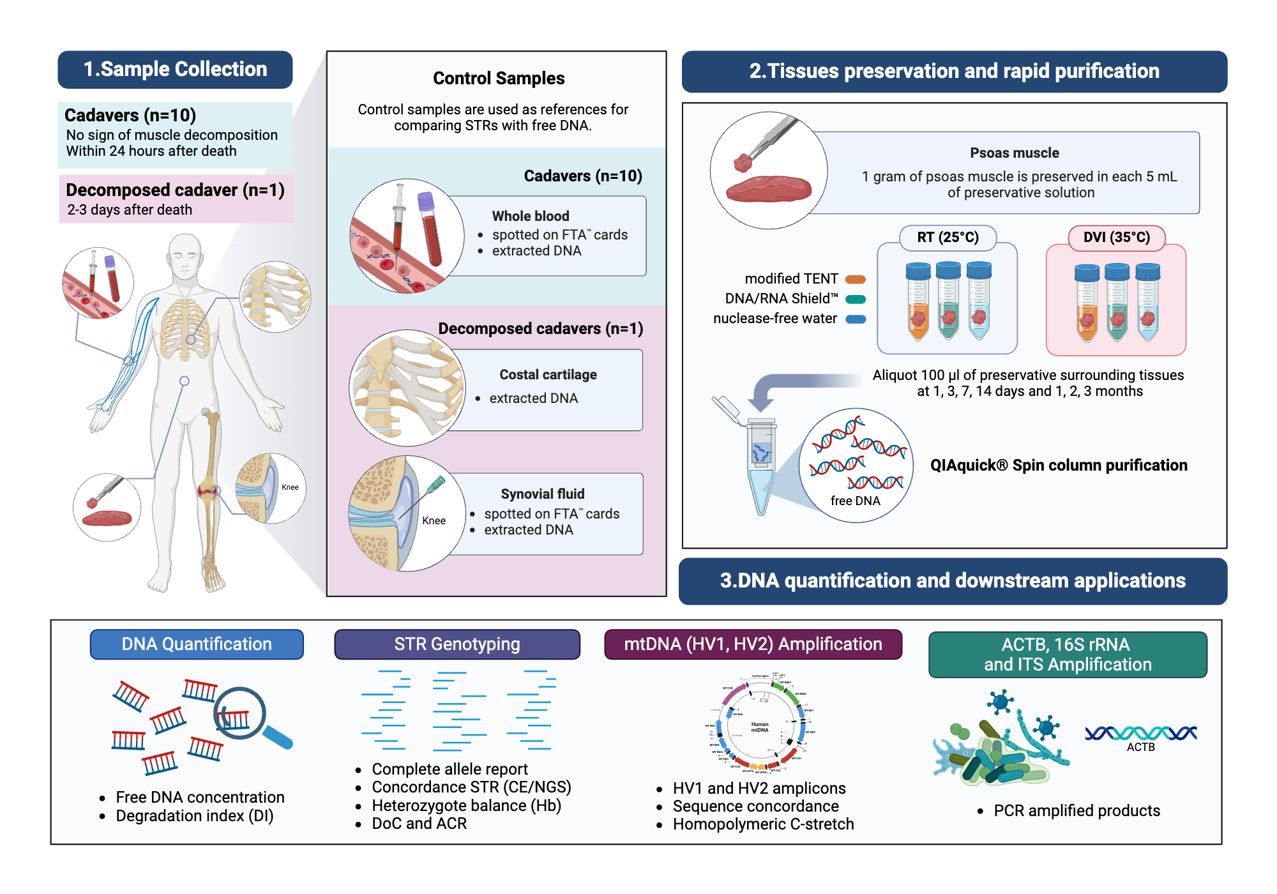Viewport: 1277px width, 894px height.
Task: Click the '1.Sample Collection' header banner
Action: (175, 70)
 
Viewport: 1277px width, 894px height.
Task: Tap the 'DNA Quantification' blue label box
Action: (197, 644)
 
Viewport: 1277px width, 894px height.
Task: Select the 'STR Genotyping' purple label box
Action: (457, 644)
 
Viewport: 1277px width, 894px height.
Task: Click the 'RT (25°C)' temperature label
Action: (948, 238)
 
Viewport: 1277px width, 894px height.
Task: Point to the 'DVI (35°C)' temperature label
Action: (1116, 238)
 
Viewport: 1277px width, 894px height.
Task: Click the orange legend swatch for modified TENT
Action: (855, 279)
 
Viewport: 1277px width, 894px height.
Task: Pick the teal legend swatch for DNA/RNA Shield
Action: (855, 299)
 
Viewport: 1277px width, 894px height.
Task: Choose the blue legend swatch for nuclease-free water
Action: (855, 319)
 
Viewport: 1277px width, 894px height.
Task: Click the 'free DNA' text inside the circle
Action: (855, 501)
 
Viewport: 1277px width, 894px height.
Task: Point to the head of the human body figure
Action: (185, 255)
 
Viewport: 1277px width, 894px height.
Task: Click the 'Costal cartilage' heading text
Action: (548, 375)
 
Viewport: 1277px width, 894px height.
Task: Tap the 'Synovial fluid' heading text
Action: (542, 494)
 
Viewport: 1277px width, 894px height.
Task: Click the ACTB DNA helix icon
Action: (1140, 732)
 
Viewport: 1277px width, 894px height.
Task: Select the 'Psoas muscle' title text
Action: (1014, 153)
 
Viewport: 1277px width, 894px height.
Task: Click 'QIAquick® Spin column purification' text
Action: (1058, 465)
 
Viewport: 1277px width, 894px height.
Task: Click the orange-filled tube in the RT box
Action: (918, 303)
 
